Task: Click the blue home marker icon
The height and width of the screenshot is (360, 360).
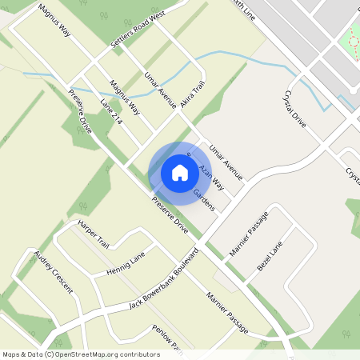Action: tap(180, 172)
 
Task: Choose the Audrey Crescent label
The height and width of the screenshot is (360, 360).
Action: tap(53, 272)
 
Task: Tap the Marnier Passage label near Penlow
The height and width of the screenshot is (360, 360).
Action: tap(226, 313)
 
